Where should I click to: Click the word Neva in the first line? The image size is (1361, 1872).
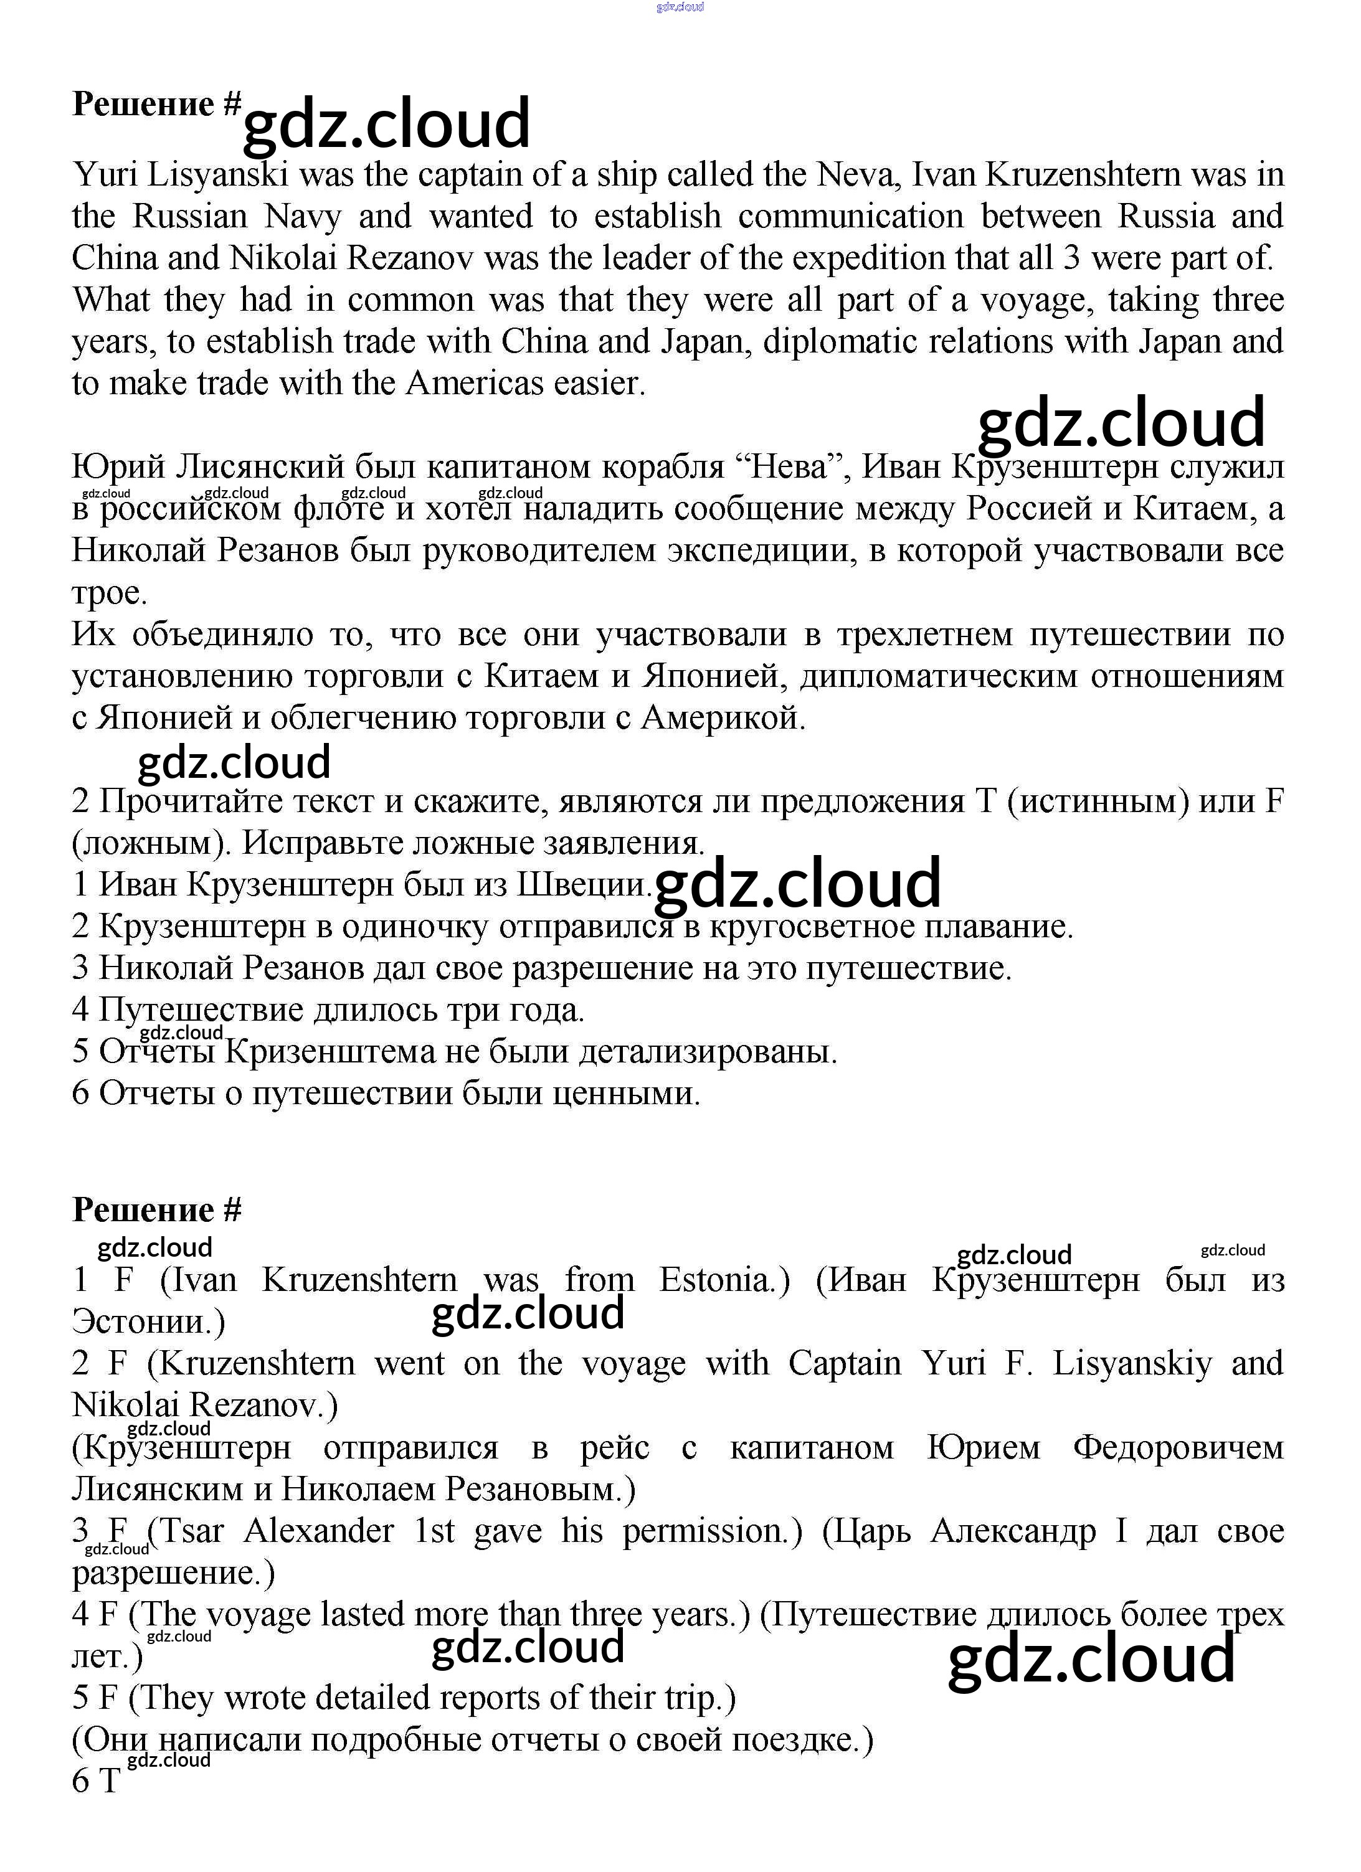(x=855, y=174)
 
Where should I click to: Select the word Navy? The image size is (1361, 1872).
(x=303, y=216)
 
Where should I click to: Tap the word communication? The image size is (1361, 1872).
(x=851, y=216)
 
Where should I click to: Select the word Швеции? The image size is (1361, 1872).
(x=582, y=885)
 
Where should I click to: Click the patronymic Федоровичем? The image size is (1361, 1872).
(x=1178, y=1447)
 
